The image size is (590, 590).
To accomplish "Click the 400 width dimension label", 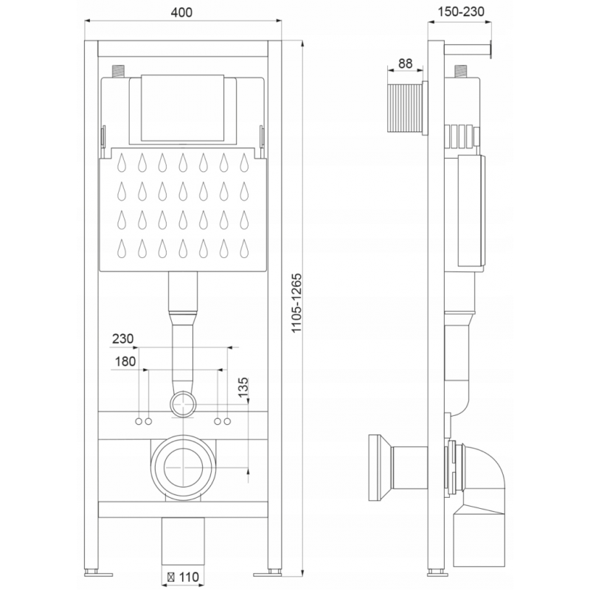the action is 181,13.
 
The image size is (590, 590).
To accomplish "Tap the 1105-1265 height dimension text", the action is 297,303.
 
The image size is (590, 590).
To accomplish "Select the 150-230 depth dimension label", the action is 461,12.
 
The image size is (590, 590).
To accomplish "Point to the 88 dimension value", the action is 405,63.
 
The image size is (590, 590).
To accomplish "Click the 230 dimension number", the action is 123,339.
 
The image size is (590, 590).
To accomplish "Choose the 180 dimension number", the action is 125,361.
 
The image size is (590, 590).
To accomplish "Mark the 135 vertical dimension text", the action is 243,388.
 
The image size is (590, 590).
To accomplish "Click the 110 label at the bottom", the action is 189,577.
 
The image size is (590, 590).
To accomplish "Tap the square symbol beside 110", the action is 171,577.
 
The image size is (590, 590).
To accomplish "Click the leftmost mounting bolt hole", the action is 139,421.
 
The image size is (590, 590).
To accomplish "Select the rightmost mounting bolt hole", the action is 227,421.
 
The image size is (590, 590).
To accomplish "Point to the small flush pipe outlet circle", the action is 183,404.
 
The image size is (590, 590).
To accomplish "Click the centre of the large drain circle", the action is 183,468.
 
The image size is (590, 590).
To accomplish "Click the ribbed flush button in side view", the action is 404,109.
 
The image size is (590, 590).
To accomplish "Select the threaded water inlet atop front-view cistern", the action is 119,72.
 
